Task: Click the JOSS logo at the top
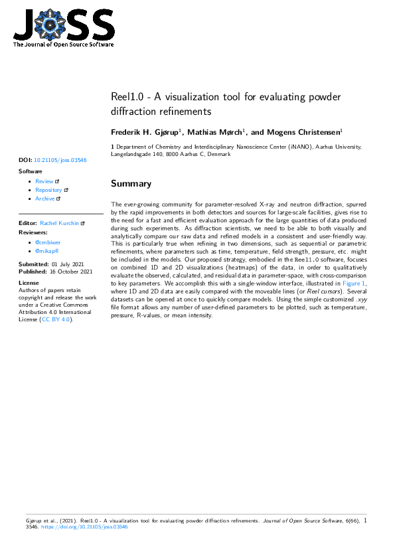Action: click(64, 27)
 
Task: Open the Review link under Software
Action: click(44, 181)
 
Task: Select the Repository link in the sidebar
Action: click(48, 190)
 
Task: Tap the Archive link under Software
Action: click(45, 199)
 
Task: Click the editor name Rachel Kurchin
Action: click(60, 224)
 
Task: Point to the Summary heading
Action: click(131, 183)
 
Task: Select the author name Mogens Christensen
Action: click(303, 132)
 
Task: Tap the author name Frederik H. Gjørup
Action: click(144, 132)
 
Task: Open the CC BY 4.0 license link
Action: click(56, 319)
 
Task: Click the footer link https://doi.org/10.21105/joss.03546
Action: click(85, 527)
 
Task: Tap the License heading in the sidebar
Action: click(29, 281)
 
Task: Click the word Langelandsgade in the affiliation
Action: click(133, 154)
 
